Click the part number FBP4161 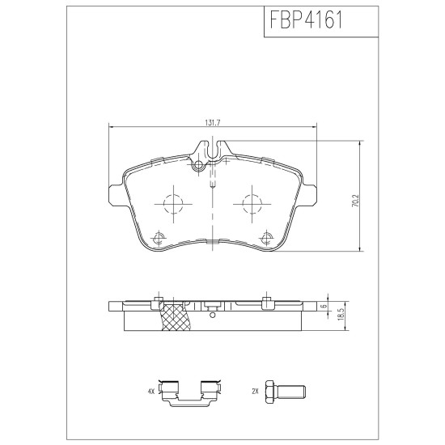(306, 20)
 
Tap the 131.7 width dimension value (213, 123)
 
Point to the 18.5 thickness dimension (341, 315)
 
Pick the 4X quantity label (151, 392)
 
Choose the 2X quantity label (255, 392)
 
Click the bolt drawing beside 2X (286, 392)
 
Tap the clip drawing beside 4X (189, 392)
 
